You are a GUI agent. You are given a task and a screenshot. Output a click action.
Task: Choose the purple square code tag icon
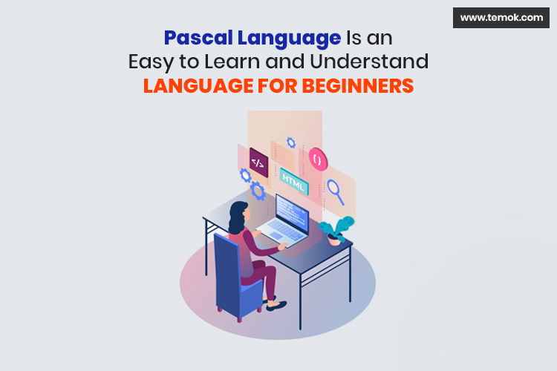(258, 162)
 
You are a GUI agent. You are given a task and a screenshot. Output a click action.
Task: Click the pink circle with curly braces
(317, 159)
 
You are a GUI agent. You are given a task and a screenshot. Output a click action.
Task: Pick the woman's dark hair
(241, 216)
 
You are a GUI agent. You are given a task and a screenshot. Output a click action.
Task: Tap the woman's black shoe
(276, 303)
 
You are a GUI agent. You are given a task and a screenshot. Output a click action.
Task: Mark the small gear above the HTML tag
(290, 142)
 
